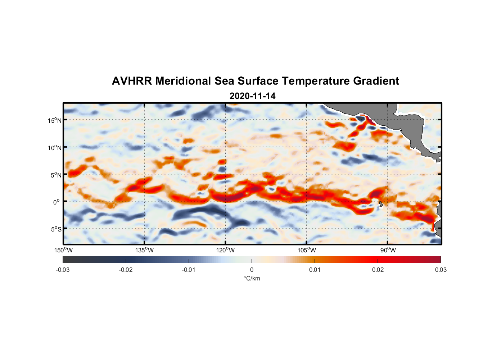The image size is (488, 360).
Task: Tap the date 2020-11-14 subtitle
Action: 252,96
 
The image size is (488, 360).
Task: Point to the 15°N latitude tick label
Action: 55,120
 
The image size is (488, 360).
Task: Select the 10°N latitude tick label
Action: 55,148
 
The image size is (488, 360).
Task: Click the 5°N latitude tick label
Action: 56,175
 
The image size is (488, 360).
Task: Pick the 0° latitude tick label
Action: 57,202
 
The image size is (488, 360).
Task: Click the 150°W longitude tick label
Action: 63,250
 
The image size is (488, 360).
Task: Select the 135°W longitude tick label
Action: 144,250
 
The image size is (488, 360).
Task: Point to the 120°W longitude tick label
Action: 225,250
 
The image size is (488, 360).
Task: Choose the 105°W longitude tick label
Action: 307,250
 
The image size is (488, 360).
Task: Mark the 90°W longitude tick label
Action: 388,250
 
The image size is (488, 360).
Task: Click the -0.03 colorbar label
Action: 63,270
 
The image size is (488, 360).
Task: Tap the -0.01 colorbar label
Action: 189,270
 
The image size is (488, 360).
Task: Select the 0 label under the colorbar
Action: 252,270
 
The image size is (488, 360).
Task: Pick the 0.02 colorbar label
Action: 378,270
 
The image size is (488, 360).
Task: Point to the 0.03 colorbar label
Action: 440,270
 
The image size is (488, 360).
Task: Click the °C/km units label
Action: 252,278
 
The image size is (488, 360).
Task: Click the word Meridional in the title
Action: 184,81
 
